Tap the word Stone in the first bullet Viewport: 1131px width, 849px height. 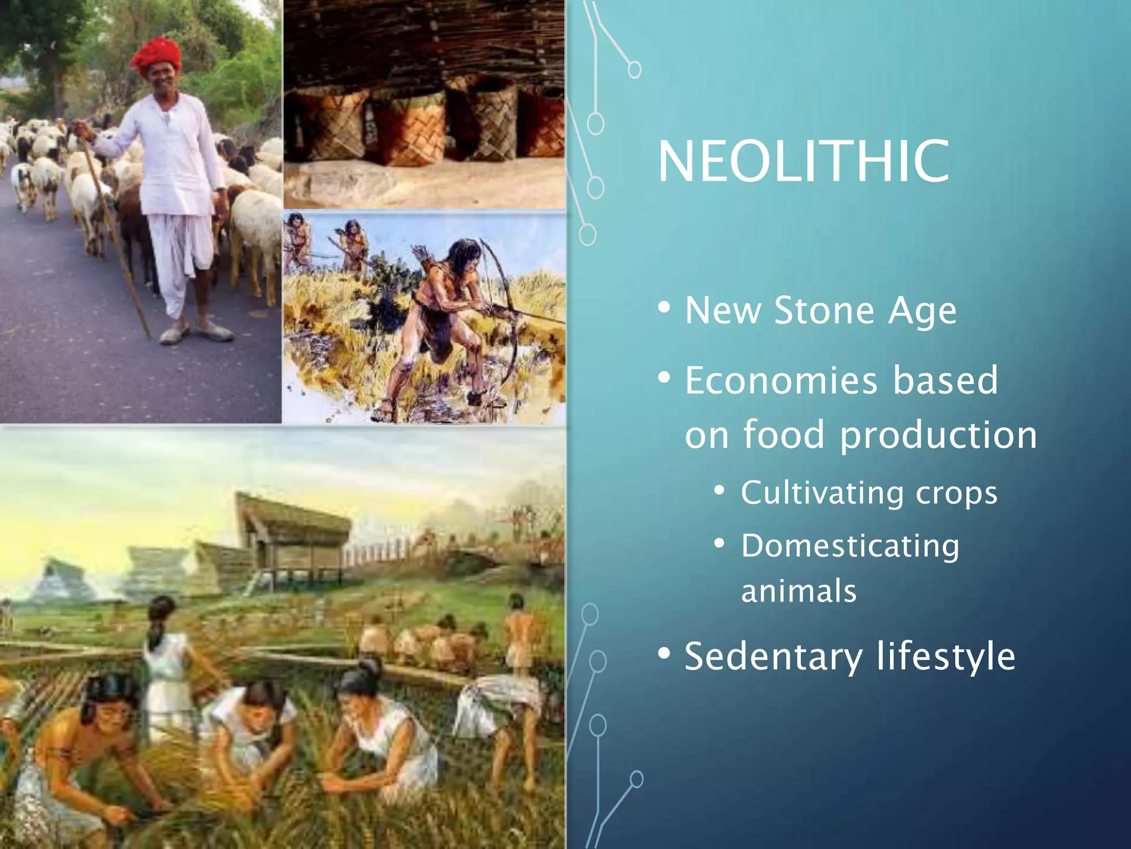(x=825, y=311)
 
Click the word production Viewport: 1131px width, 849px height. (x=938, y=435)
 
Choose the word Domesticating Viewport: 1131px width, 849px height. (x=850, y=546)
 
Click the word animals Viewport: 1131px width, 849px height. (x=799, y=590)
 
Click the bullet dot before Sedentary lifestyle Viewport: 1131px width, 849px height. (x=664, y=653)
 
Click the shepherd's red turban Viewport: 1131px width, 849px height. (x=156, y=55)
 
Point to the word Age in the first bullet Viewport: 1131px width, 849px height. (x=922, y=311)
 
